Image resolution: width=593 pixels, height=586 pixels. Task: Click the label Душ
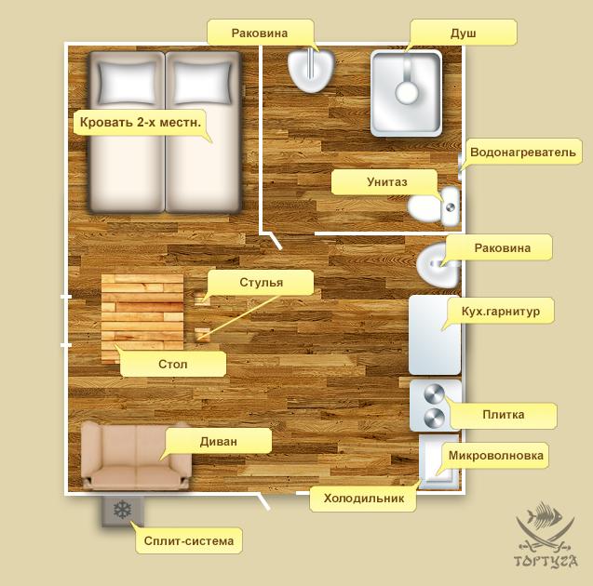click(463, 33)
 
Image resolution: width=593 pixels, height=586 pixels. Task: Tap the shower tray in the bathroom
click(406, 93)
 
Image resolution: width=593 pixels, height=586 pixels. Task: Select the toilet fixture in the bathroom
click(434, 206)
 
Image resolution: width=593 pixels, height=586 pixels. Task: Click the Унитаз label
click(386, 182)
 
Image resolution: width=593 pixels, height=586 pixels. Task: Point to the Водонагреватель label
click(522, 152)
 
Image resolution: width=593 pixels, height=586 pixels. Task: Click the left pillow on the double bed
click(128, 83)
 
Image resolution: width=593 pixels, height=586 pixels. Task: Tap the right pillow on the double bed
click(203, 83)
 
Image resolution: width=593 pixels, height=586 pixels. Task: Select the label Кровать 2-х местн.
click(141, 123)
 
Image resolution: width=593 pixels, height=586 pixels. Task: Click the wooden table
click(142, 319)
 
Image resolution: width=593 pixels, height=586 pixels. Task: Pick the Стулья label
click(261, 283)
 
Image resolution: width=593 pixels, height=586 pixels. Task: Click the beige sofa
click(136, 456)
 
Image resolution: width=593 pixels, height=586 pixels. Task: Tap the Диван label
click(218, 441)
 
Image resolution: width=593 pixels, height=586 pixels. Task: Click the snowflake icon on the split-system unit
click(123, 510)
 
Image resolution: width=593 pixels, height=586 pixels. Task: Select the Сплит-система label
click(189, 541)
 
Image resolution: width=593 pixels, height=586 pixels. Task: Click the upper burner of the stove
click(434, 394)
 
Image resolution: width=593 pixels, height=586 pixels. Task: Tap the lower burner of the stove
click(434, 419)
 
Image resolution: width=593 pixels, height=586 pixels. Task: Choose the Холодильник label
click(363, 499)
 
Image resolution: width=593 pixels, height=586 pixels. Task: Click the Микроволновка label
click(496, 456)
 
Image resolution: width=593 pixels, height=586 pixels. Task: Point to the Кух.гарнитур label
click(500, 312)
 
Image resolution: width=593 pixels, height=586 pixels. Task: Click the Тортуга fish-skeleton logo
click(546, 534)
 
